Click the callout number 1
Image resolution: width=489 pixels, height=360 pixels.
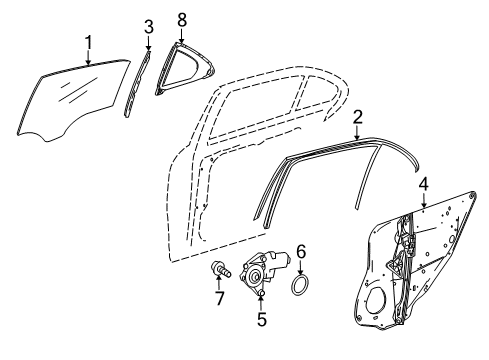pyautogui.click(x=88, y=42)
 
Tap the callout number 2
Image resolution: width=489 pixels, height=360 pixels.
pyautogui.click(x=357, y=118)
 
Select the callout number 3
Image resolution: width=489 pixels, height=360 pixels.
pyautogui.click(x=149, y=27)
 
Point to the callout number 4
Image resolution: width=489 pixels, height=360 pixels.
pyautogui.click(x=424, y=185)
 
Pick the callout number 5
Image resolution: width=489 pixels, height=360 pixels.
pyautogui.click(x=262, y=319)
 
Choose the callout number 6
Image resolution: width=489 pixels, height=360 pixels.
pyautogui.click(x=301, y=252)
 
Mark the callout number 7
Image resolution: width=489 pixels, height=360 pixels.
pyautogui.click(x=219, y=298)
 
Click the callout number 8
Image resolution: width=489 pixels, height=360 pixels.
pyautogui.click(x=182, y=20)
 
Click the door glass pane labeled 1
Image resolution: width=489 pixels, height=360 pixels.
pyautogui.click(x=72, y=100)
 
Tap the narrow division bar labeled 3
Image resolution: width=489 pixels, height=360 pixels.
pyautogui.click(x=137, y=83)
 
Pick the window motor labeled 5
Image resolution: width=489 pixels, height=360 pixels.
pyautogui.click(x=263, y=272)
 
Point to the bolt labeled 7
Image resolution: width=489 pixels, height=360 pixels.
pyautogui.click(x=221, y=270)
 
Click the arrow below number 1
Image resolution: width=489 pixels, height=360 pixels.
pyautogui.click(x=88, y=57)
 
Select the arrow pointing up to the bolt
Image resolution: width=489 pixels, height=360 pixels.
pyautogui.click(x=219, y=283)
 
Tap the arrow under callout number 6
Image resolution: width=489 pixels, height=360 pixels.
pyautogui.click(x=301, y=267)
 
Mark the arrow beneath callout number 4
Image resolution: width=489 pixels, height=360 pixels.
pyautogui.click(x=424, y=200)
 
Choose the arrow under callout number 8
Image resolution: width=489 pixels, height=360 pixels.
pyautogui.click(x=182, y=35)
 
